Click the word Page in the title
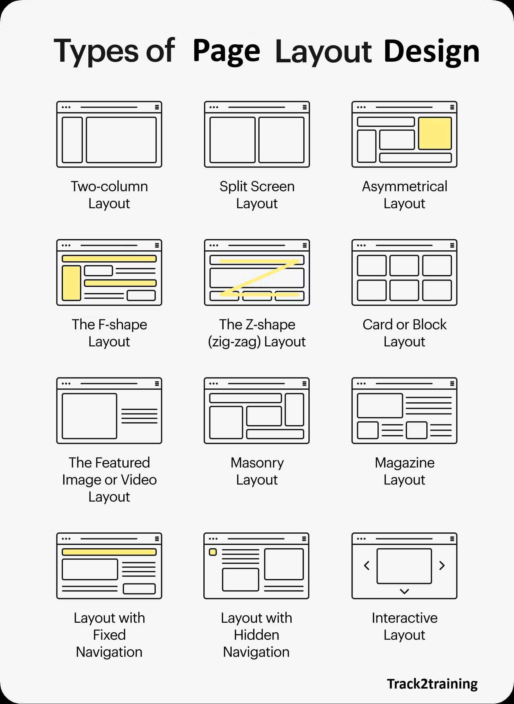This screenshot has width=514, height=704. coord(226,51)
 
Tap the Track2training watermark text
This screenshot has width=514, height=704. coord(432,683)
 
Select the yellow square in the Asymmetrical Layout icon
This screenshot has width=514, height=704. coord(435,133)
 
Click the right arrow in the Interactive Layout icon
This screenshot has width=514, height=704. coord(442,566)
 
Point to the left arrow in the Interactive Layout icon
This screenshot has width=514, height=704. coord(367,566)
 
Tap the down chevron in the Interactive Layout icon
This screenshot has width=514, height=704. coord(404,591)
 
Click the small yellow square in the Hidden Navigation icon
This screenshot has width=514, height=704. coord(213,552)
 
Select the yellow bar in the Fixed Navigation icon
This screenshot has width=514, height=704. coord(109,552)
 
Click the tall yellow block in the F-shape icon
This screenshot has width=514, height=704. coord(71,283)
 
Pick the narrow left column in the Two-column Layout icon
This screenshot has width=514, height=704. coord(72,140)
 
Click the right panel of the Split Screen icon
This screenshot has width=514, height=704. coord(281,140)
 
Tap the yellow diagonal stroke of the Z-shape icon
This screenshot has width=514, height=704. coord(260,278)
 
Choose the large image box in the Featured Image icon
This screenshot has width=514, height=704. coord(89,416)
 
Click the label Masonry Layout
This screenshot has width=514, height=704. coord(257,471)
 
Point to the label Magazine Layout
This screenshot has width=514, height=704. coord(404,471)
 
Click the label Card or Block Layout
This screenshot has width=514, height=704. coord(404,333)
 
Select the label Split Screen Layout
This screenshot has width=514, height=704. coord(257,195)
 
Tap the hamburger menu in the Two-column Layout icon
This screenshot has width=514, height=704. coord(157,107)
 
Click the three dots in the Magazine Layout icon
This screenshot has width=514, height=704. coord(361,384)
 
